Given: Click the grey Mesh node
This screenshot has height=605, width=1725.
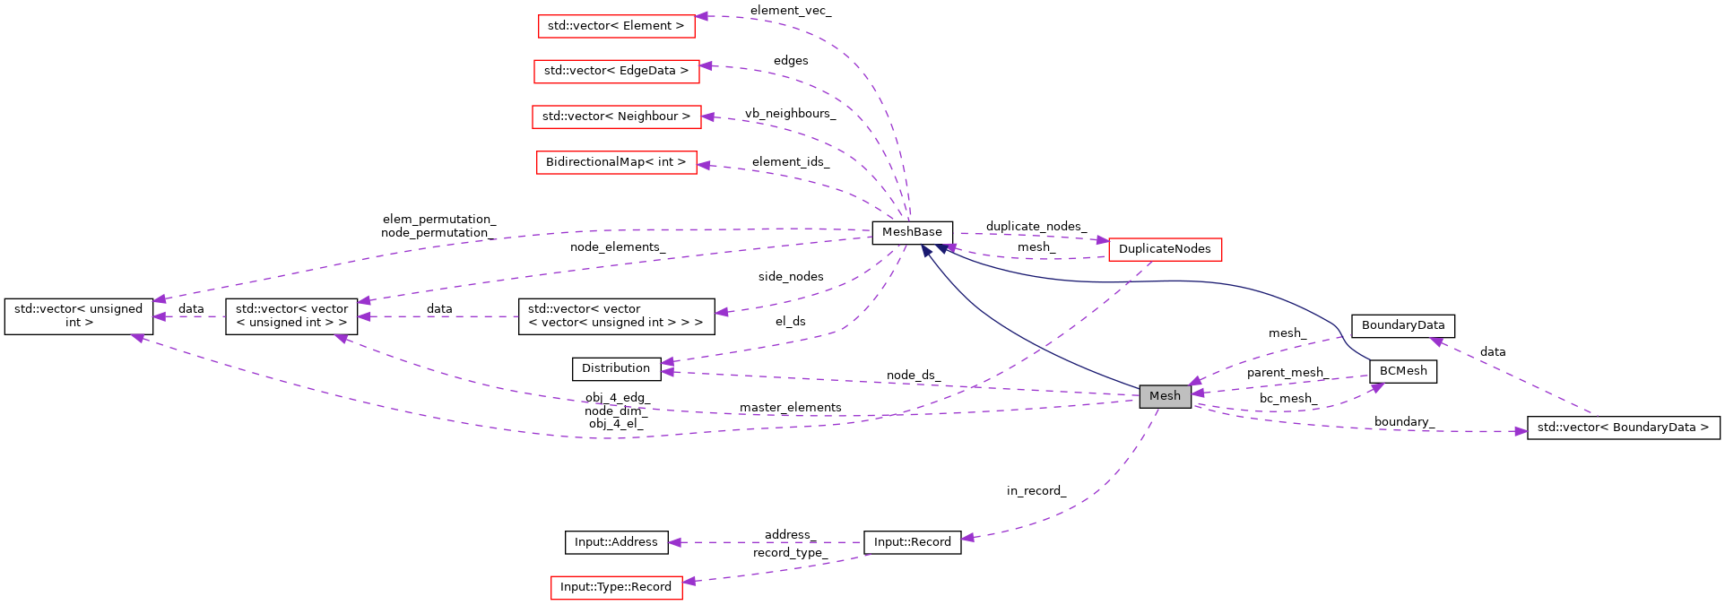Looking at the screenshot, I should [1165, 396].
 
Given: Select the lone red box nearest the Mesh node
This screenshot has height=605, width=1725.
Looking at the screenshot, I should [1165, 250].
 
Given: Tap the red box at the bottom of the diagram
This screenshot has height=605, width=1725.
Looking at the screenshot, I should [616, 588].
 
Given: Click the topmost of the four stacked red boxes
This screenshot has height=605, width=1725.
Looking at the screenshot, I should [616, 27].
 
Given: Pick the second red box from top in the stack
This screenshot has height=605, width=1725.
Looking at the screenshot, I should [616, 72].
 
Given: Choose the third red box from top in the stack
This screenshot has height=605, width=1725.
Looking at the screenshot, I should [616, 117].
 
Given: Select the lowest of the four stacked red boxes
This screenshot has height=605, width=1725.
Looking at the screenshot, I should [616, 163].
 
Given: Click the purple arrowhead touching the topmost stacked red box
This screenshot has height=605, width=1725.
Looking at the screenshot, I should [702, 16].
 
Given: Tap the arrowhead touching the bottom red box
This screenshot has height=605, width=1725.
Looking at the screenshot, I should [689, 582].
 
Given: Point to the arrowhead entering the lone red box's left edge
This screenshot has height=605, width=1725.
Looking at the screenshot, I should [1102, 240].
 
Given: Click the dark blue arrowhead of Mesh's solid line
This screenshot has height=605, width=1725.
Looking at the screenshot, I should [926, 250].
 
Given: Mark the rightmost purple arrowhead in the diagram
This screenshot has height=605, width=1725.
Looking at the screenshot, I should [1521, 431].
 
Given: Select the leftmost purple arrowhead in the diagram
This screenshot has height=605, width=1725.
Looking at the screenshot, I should [137, 338].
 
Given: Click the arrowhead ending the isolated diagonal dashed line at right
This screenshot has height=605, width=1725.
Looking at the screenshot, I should [1435, 341].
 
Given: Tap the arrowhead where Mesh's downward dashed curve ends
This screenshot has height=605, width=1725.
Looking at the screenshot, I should [967, 538].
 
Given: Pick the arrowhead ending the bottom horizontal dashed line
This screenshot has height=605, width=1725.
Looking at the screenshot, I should [674, 542].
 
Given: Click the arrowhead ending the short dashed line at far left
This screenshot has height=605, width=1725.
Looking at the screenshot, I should [158, 316].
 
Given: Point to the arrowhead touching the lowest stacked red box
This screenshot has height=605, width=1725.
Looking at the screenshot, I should [703, 165].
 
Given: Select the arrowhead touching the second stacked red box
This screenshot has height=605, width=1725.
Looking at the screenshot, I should [706, 65].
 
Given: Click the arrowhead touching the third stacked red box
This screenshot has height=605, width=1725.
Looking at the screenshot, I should [707, 117].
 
